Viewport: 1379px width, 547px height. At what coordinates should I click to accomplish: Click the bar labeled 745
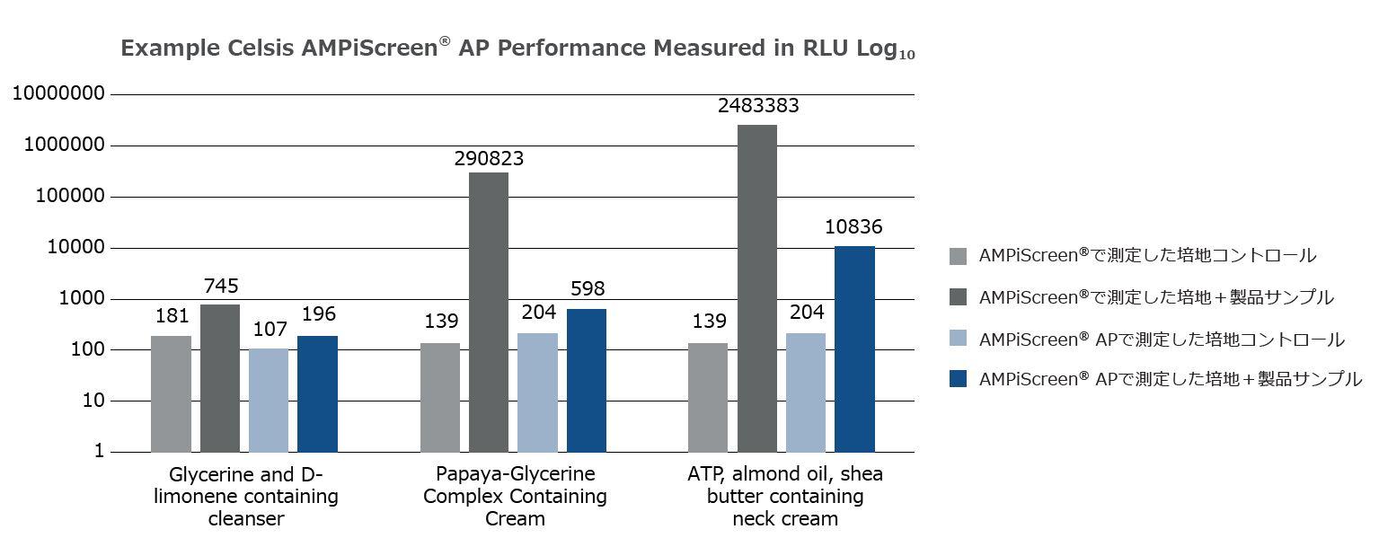(220, 377)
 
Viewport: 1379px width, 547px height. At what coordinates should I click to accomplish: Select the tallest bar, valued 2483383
(757, 287)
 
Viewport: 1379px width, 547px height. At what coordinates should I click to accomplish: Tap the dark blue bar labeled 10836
(854, 348)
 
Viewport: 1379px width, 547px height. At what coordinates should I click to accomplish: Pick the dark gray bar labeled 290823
(489, 312)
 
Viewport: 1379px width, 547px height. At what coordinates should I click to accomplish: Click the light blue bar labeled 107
(269, 400)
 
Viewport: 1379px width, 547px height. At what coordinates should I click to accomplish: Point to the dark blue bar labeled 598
(586, 380)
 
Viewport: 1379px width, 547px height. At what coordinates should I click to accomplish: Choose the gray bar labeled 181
(171, 393)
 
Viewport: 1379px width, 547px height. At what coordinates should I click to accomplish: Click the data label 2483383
(757, 106)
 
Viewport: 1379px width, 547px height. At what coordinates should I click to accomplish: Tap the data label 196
(317, 314)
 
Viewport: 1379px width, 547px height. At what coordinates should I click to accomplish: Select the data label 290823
(489, 159)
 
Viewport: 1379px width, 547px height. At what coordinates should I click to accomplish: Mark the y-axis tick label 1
(99, 452)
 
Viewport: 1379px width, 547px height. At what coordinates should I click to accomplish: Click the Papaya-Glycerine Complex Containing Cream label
(515, 496)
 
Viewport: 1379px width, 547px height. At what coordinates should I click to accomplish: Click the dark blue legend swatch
(958, 380)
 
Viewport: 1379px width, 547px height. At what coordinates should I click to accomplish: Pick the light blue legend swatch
(958, 340)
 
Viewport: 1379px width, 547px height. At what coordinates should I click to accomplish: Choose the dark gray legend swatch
(958, 297)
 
